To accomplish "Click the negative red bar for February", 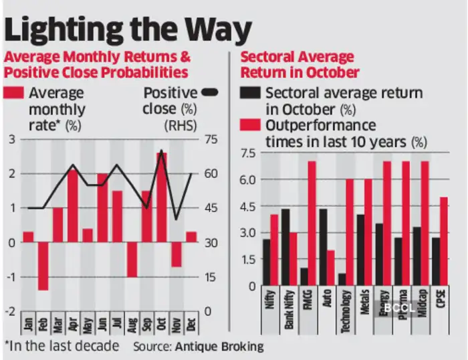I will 43,266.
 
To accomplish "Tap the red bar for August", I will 132,259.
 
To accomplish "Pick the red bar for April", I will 72,206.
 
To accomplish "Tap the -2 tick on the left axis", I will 10,312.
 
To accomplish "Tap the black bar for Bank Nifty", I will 285,248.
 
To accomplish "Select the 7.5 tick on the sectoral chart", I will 247,154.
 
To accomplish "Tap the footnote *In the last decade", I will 62,346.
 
